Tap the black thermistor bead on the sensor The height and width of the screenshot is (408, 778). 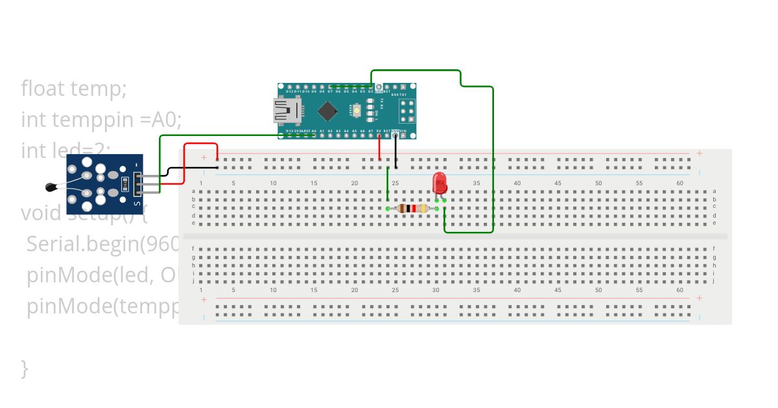pyautogui.click(x=50, y=187)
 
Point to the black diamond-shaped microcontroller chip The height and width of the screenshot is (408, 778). pyautogui.click(x=329, y=111)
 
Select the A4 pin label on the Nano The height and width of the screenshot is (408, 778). pyautogui.click(x=346, y=131)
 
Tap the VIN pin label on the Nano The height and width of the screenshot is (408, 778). pyautogui.click(x=403, y=131)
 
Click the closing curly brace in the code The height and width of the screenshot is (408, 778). pyautogui.click(x=25, y=368)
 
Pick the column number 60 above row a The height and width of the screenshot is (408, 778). pyautogui.click(x=679, y=183)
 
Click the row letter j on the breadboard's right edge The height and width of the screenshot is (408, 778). pyautogui.click(x=714, y=281)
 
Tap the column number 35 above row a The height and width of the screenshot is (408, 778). pyautogui.click(x=477, y=183)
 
